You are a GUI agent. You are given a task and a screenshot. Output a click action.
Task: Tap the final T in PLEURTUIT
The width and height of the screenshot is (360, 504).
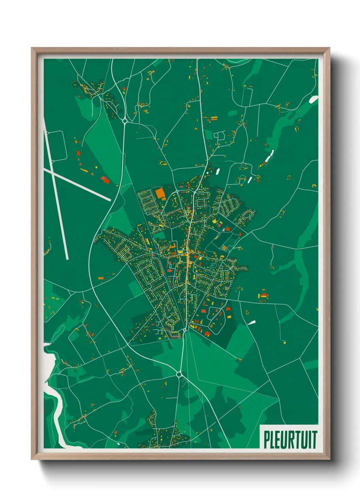314,440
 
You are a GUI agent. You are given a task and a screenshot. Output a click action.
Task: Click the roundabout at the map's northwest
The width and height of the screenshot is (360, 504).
125,120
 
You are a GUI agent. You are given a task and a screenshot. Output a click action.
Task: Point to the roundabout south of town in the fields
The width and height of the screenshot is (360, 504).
179,375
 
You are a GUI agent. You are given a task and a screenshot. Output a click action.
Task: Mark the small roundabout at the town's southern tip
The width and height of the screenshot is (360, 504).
185,330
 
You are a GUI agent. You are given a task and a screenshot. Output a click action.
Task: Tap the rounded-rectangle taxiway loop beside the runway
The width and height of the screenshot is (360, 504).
56,145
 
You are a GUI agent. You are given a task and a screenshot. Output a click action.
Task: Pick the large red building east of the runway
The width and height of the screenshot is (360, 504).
105,179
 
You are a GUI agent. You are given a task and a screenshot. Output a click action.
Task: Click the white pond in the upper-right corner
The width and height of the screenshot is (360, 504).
313,99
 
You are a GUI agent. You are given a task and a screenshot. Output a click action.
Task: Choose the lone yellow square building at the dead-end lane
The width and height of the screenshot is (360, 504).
224,248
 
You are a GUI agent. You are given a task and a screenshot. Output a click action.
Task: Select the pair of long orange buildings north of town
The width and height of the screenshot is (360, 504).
214,119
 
